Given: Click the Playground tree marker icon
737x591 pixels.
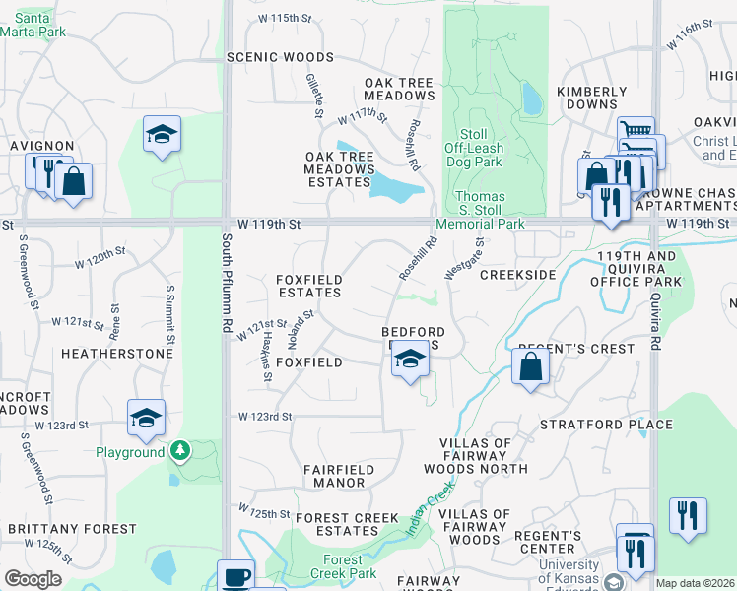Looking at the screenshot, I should tap(179, 451).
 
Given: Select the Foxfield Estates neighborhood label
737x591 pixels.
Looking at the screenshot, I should tap(309, 287).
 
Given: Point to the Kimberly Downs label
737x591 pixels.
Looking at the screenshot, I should tap(591, 98).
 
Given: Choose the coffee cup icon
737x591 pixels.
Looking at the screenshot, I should tap(235, 576).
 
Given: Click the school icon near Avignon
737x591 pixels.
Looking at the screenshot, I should tap(162, 135).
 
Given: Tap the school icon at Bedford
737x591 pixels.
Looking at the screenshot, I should tap(410, 360).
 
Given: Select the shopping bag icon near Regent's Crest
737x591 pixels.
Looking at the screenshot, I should tap(530, 367).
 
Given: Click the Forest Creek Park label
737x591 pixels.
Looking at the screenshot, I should tap(343, 566).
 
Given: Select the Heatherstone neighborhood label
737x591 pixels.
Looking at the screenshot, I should tap(103, 352).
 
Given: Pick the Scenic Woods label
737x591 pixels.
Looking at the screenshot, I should tap(280, 57).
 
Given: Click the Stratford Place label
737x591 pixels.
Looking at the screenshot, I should tap(606, 426).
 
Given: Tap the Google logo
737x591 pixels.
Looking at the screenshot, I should tap(33, 579).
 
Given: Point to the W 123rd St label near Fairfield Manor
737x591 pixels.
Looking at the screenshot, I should tap(265, 417).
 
